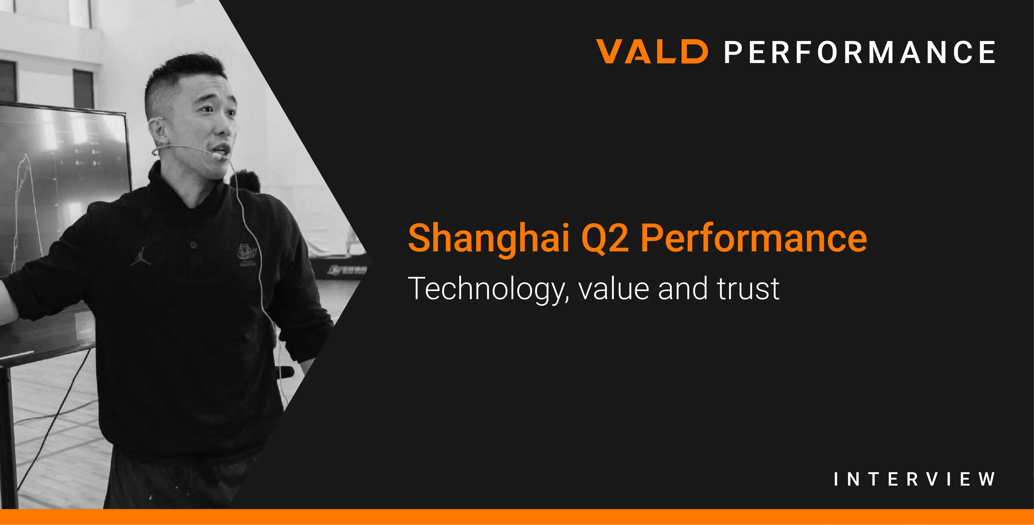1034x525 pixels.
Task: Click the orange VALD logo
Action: pyautogui.click(x=652, y=51)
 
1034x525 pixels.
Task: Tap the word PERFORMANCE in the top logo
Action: pyautogui.click(x=860, y=52)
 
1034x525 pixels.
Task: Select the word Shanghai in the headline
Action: pyautogui.click(x=488, y=239)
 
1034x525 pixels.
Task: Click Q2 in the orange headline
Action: pyautogui.click(x=605, y=239)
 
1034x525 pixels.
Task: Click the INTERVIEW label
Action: pyautogui.click(x=914, y=479)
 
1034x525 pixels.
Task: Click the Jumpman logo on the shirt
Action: pyautogui.click(x=140, y=257)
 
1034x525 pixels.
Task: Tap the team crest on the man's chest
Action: pyautogui.click(x=246, y=254)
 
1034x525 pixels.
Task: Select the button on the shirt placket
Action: pyautogui.click(x=193, y=245)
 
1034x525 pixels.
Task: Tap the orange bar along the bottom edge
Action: pyautogui.click(x=517, y=517)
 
